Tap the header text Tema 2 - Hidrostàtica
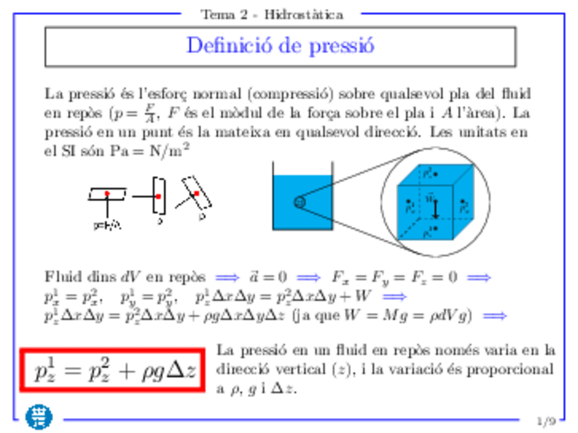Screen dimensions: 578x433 tap(271, 14)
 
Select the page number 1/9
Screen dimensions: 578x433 tap(546, 421)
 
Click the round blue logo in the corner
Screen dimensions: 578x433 tap(39, 416)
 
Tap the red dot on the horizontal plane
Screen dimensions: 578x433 tap(107, 194)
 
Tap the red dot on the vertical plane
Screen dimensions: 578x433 tap(157, 196)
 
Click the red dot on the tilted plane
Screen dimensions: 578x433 tap(196, 194)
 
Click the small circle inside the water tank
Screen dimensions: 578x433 tap(299, 202)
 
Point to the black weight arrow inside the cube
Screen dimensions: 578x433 tap(435, 207)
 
